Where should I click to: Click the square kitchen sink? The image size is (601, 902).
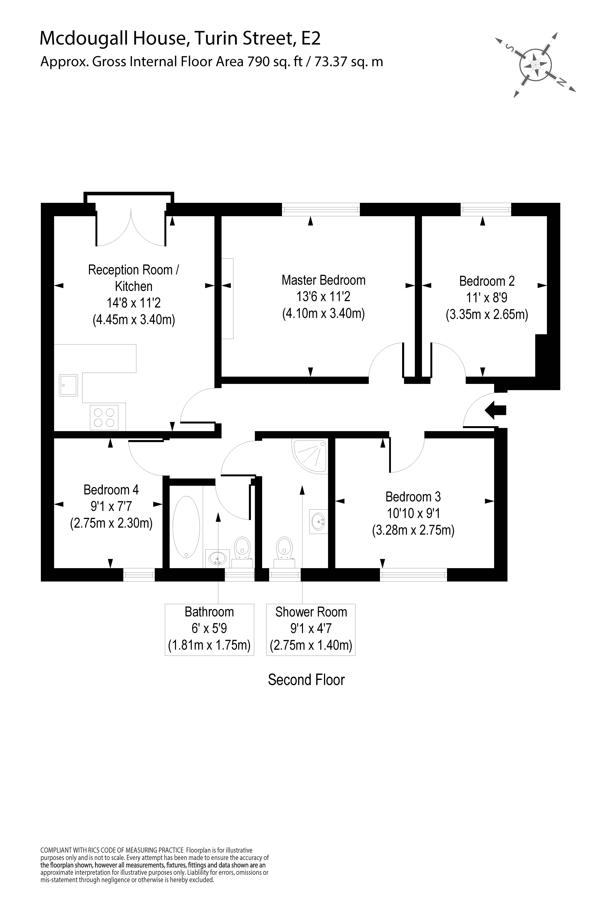coord(68,385)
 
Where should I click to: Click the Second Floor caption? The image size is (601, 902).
coord(306,680)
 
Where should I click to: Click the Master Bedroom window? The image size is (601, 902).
coord(321,209)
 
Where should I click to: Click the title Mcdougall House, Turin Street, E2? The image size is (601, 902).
coord(180,38)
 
